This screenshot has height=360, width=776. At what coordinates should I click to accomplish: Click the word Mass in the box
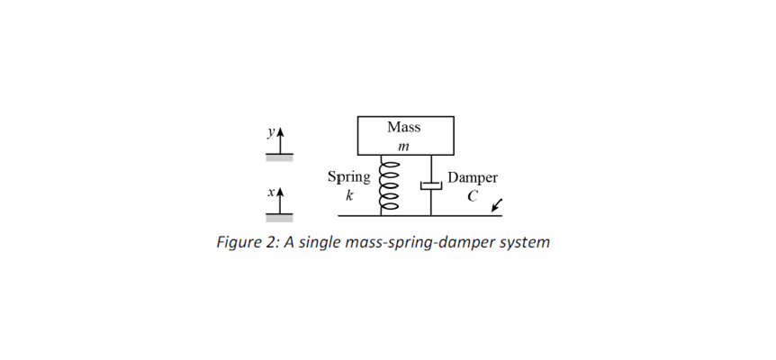click(404, 127)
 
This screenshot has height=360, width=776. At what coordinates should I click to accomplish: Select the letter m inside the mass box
click(403, 146)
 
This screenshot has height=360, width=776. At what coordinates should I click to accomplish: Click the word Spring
click(348, 177)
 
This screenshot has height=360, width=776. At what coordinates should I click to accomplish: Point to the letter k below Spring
click(349, 195)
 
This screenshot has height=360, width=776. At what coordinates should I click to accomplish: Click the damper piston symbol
click(431, 185)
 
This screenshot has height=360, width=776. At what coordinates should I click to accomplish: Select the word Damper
click(473, 178)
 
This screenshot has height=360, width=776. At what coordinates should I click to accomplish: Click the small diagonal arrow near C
click(497, 207)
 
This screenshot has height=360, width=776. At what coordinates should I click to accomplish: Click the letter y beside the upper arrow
click(268, 132)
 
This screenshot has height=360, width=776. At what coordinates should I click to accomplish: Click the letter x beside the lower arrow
click(268, 193)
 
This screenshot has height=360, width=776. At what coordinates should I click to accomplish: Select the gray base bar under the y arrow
click(279, 157)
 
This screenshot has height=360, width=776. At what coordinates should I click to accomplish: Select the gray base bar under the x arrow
click(279, 218)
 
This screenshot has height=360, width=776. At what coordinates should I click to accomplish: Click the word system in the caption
click(524, 242)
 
